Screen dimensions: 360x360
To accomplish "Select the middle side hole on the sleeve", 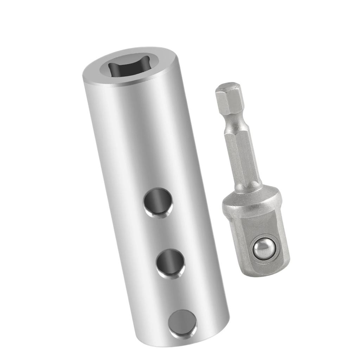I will (x=171, y=263).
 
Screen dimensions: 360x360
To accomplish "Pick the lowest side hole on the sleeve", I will (x=182, y=323).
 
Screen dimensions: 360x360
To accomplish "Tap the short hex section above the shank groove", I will (x=230, y=102).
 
